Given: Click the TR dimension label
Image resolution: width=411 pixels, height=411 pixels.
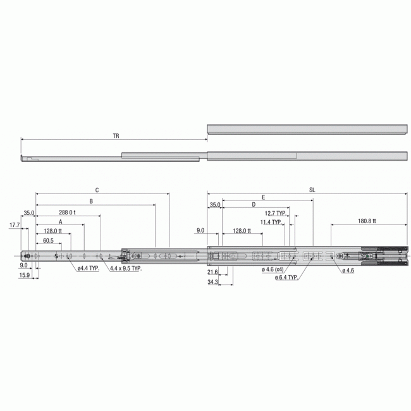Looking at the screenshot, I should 116,135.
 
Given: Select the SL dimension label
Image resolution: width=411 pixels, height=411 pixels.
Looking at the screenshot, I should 313,189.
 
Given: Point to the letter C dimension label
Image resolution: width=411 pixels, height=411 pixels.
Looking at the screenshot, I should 97,189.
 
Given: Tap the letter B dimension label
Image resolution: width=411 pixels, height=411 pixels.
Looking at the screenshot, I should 91,201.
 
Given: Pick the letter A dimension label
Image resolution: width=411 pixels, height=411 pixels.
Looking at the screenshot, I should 61,223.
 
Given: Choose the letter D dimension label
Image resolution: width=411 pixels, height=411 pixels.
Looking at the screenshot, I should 253,205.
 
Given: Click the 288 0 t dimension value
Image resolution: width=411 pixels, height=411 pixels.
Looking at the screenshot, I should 67,212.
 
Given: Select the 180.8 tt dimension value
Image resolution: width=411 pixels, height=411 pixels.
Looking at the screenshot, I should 367,221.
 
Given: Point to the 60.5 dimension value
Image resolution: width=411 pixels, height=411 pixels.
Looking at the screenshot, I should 49,241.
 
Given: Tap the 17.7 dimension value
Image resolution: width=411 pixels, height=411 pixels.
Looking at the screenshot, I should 15,224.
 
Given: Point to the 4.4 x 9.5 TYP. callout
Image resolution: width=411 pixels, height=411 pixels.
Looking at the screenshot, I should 125,268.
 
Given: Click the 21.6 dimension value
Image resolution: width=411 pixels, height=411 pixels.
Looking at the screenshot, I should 212,271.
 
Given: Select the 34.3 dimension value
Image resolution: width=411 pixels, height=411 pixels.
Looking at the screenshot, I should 212,282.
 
